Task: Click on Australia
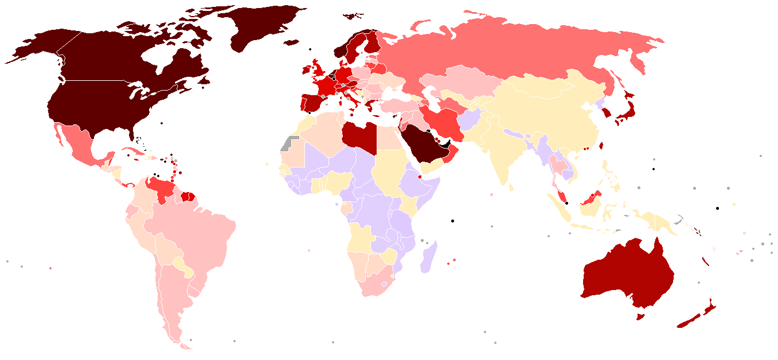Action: (628, 275)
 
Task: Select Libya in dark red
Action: (359, 136)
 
